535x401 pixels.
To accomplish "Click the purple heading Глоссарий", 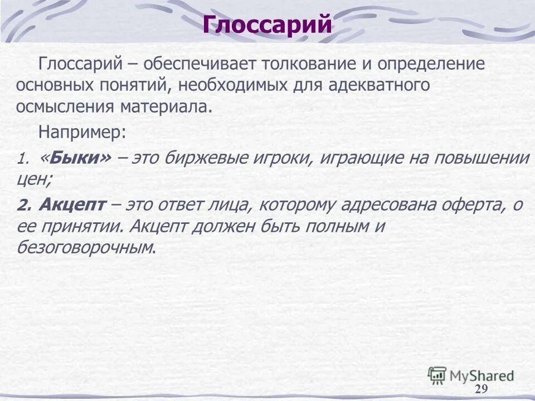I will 267,25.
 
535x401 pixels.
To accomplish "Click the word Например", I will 82,133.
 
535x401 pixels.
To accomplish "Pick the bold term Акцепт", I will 72,206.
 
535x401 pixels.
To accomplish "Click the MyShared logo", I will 471,375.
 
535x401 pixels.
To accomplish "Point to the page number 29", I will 481,389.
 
